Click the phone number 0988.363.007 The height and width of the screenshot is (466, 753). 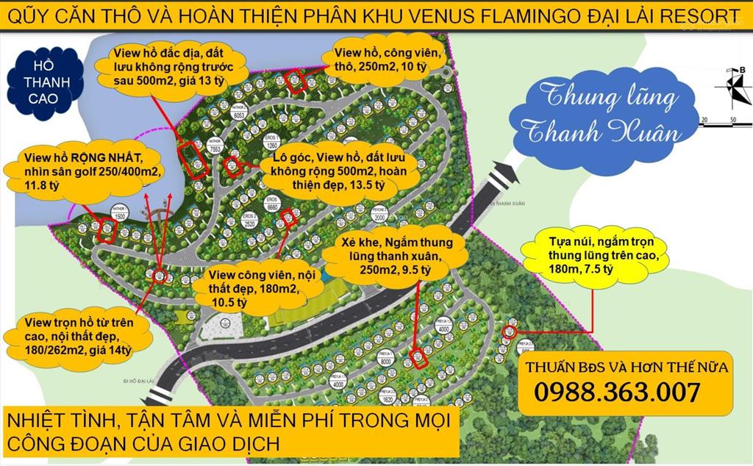(616, 392)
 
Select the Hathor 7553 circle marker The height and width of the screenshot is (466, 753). (215, 146)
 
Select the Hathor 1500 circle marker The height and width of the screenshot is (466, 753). (118, 215)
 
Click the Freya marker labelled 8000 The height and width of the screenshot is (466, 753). (385, 359)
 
